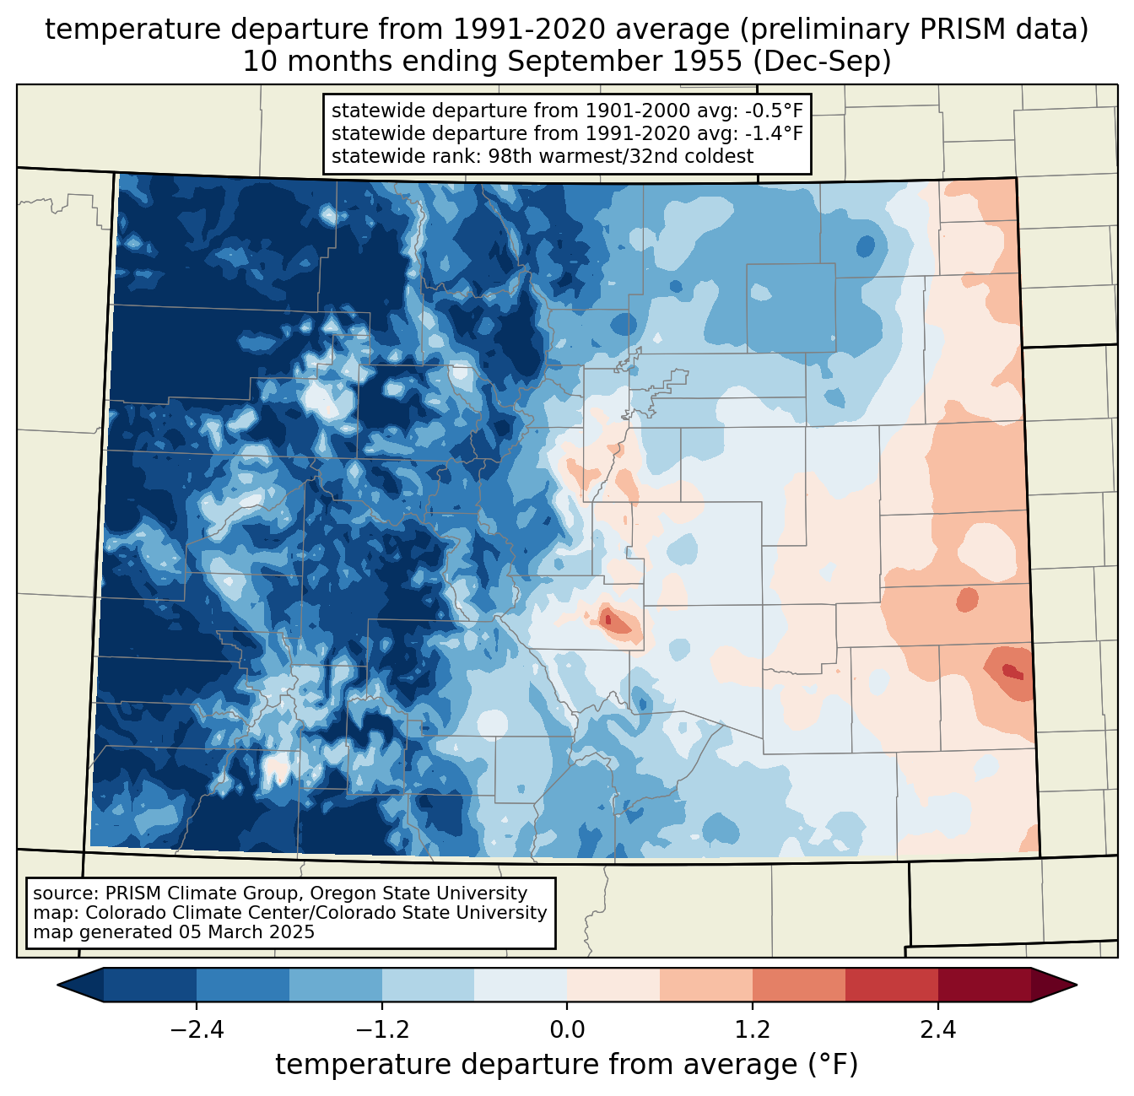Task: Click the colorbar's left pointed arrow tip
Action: pyautogui.click(x=57, y=985)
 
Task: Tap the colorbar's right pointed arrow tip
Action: pyautogui.click(x=1077, y=985)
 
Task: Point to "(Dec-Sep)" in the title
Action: pyautogui.click(x=822, y=62)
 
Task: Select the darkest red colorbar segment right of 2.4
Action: pyautogui.click(x=985, y=985)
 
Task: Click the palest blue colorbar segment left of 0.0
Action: pyautogui.click(x=521, y=985)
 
